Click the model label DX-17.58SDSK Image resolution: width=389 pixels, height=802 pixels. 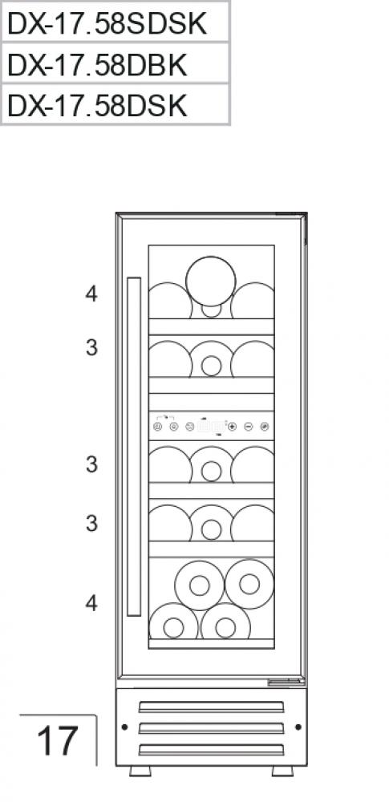pos(107,23)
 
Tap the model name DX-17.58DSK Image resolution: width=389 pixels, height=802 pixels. pos(97,106)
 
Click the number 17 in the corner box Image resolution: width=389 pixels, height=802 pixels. pos(57,741)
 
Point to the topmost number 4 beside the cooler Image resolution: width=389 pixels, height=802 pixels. pos(91,294)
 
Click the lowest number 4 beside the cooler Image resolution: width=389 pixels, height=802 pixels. pos(91,604)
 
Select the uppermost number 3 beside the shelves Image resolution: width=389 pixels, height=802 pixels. pos(91,348)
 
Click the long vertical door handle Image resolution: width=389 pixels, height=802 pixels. pos(134,447)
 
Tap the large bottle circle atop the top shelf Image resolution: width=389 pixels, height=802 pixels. pos(211,282)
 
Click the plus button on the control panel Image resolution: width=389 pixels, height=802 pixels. pos(233,426)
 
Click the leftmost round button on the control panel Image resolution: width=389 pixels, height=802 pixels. pos(158,426)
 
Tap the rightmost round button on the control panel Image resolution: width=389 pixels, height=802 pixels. pos(264,426)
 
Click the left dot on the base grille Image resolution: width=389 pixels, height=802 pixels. pos(124,727)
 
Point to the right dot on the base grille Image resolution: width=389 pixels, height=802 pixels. pos(298,727)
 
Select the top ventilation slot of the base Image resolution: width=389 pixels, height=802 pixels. pos(212,707)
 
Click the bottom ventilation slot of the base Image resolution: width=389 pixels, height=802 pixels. pos(212,750)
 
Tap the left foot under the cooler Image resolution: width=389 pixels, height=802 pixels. pos(140,771)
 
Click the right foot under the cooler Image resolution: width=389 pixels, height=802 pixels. pos(282,771)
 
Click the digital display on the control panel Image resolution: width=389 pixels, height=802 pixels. pos(211,426)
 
